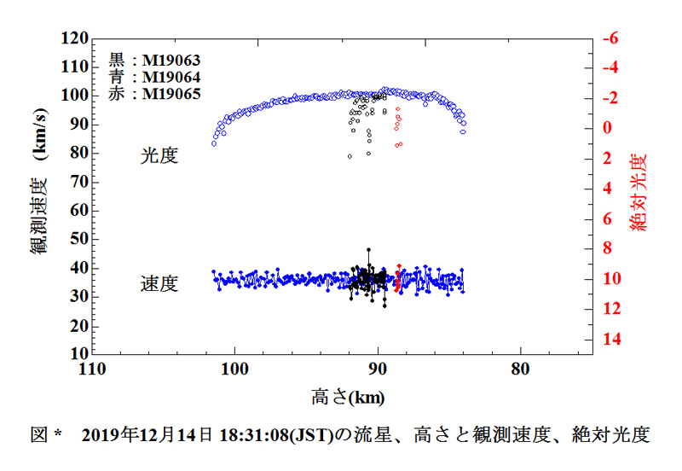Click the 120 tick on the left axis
(x=75, y=39)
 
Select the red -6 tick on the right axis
(x=610, y=39)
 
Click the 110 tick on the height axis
(x=91, y=369)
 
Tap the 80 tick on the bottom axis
(x=521, y=369)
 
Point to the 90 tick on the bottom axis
(x=378, y=369)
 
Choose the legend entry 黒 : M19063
(x=154, y=61)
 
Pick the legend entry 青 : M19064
(x=154, y=77)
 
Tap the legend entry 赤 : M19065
(x=154, y=93)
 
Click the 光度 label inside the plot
(x=159, y=155)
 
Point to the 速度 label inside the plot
(x=159, y=284)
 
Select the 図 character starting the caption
(x=38, y=435)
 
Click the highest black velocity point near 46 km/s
(x=368, y=250)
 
